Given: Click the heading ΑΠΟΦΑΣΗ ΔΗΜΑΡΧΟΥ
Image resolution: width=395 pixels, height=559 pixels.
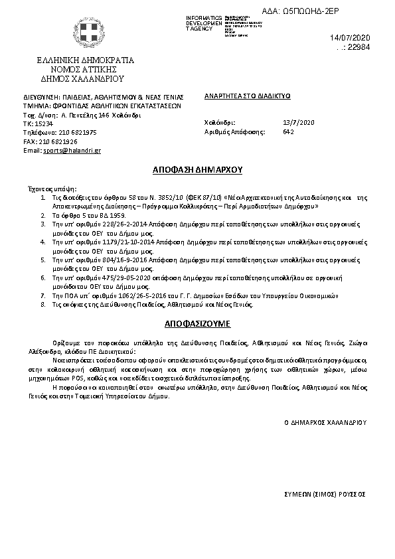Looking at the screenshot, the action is (x=197, y=170).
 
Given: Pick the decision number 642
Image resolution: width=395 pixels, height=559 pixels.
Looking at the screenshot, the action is (x=288, y=132).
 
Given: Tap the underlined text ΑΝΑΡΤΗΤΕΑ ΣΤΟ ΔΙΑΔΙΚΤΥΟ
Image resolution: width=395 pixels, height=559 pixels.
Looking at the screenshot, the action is (x=248, y=96).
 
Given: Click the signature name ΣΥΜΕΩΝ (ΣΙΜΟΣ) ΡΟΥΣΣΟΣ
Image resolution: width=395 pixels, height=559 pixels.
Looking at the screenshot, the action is (x=325, y=494).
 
